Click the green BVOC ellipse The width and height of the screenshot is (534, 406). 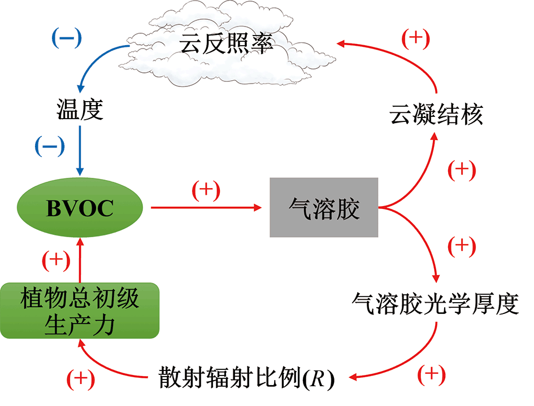click(80, 208)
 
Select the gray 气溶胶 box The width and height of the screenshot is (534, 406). click(324, 207)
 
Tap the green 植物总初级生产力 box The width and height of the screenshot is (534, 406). click(80, 311)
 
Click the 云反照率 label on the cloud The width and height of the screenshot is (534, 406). click(226, 43)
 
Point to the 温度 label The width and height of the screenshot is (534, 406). click(80, 110)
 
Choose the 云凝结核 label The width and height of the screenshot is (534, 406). click(436, 115)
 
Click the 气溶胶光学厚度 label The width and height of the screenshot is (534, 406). click(435, 303)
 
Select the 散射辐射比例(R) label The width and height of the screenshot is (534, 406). click(246, 377)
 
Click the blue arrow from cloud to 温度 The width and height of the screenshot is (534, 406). click(94, 58)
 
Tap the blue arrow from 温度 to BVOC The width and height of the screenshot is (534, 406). click(80, 151)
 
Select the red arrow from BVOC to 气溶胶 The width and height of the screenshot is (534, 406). click(206, 207)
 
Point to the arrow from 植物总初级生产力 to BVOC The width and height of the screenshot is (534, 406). click(80, 260)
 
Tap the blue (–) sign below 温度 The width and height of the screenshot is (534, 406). click(50, 146)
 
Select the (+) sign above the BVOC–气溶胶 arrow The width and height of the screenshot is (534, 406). click(206, 190)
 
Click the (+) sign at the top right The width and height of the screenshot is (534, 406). click(415, 39)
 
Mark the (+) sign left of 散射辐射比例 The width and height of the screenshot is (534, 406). click(80, 379)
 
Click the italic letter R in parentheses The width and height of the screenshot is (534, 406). click(319, 378)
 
